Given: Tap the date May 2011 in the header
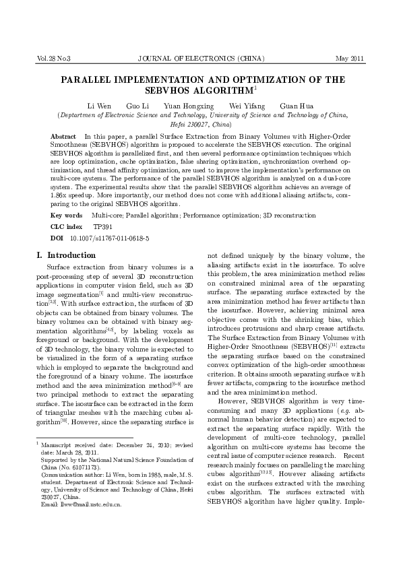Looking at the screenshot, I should tap(350, 59).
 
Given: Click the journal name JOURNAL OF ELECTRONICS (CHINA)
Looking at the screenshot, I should tap(200, 59).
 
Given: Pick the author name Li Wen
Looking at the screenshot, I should tap(98, 106).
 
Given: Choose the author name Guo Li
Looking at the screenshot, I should tap(137, 106).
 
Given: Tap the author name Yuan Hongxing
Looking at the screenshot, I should tap(189, 106).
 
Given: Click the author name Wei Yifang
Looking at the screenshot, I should tap(247, 106).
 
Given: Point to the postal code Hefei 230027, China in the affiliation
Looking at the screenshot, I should tap(201, 125).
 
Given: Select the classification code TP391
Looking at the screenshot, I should tap(103, 227).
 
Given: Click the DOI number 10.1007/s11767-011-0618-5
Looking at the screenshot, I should tap(110, 238).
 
